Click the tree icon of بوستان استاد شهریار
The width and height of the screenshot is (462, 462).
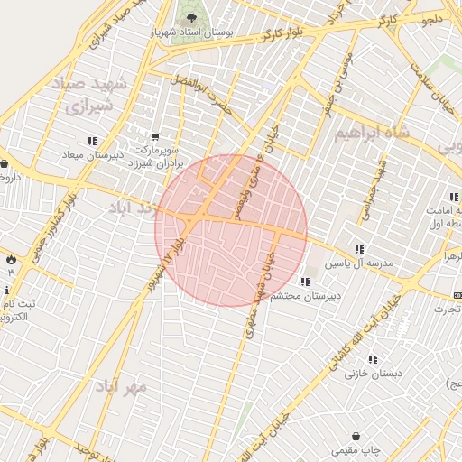[x=190, y=17]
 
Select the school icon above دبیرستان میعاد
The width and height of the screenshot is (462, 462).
[x=92, y=141]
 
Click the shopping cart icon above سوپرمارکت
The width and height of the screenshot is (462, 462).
[x=155, y=137]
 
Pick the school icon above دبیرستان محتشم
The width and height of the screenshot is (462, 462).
[x=304, y=282]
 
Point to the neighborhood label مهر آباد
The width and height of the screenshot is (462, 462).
[x=125, y=386]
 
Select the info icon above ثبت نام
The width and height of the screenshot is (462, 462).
[x=7, y=290]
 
